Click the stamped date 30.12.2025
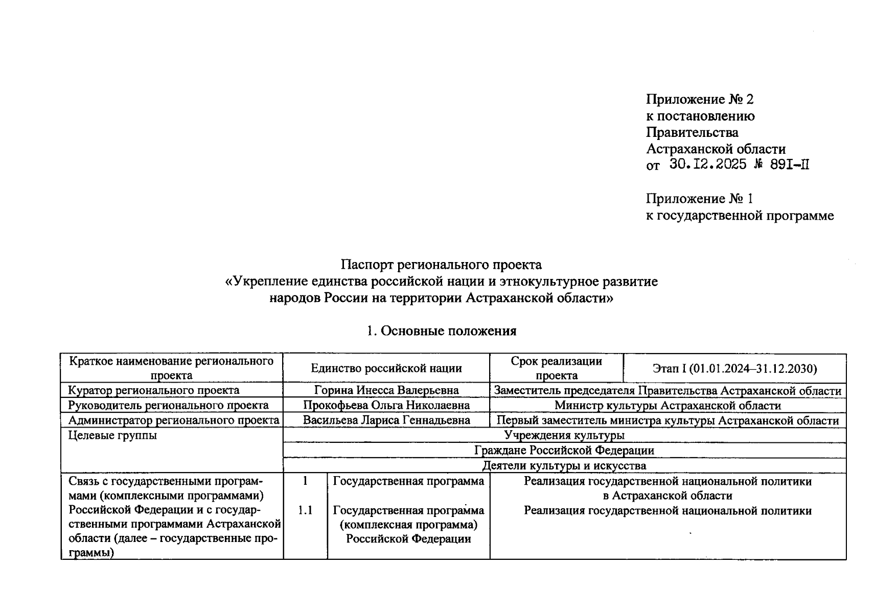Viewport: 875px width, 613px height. pos(708,164)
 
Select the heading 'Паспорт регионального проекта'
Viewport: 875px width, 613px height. pos(441,265)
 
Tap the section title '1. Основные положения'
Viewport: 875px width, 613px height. pos(441,331)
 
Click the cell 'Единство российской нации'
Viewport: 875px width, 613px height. pos(386,368)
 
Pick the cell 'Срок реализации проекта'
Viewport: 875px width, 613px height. pos(556,368)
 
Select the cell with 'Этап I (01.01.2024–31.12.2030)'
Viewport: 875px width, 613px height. pos(734,368)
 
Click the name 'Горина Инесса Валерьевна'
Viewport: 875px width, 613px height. pos(386,390)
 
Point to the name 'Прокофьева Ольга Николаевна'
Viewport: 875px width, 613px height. pos(386,406)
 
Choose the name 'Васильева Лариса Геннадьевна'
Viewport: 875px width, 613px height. pos(386,420)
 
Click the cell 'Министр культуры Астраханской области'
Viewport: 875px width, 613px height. pos(667,406)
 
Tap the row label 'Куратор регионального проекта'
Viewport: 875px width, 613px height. pos(154,390)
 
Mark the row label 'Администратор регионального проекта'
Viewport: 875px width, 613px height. pos(174,420)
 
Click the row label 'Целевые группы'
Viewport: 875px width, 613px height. pos(113,436)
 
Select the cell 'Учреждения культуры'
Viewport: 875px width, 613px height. pos(564,435)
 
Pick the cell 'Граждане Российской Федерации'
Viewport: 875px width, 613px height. pos(564,451)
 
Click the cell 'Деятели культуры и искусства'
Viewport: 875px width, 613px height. pos(564,466)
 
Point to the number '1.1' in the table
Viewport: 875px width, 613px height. pos(305,510)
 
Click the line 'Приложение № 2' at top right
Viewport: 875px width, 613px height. pos(700,99)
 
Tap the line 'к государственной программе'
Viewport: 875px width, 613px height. pos(740,216)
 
